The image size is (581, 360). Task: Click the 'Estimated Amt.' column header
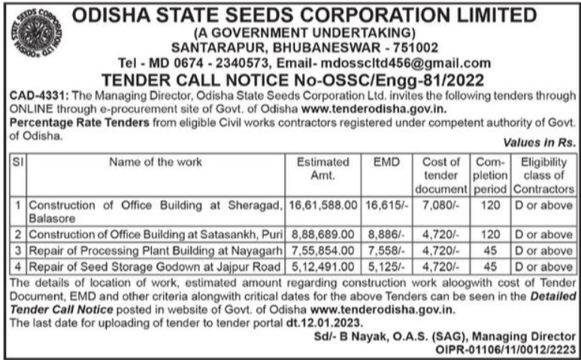[x=323, y=168]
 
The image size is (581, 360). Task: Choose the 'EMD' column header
[x=386, y=162]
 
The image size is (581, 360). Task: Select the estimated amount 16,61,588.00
[x=323, y=204]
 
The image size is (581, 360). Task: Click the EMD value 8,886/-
[x=386, y=234]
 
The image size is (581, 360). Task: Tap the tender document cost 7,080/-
[x=441, y=204]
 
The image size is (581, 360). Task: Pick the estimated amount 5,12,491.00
[x=323, y=266]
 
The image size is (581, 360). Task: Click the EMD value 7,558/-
[x=386, y=250]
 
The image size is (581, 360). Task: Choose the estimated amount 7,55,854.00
[x=323, y=250]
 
